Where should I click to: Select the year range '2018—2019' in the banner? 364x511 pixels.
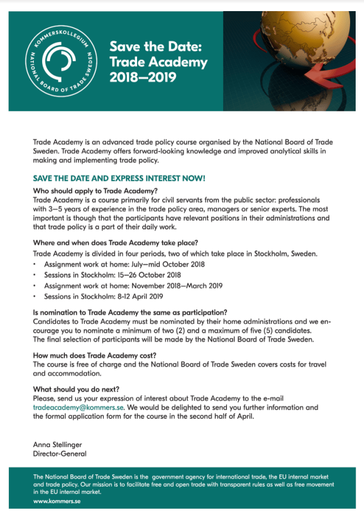tap(143, 77)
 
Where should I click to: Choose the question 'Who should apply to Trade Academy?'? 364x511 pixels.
tap(96, 191)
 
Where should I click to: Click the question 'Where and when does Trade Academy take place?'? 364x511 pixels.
tap(115, 242)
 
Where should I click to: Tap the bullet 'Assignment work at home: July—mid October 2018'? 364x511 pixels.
tap(124, 264)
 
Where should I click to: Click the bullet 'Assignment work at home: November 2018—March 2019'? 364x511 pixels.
tap(133, 286)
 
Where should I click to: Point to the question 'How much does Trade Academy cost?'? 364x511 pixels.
tap(95, 356)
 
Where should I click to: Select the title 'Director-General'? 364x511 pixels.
tap(60, 454)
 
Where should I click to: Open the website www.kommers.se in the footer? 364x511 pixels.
tap(57, 501)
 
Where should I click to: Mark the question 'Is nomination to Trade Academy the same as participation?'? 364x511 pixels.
tap(130, 312)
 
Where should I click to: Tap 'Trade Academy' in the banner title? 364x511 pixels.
tap(158, 62)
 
